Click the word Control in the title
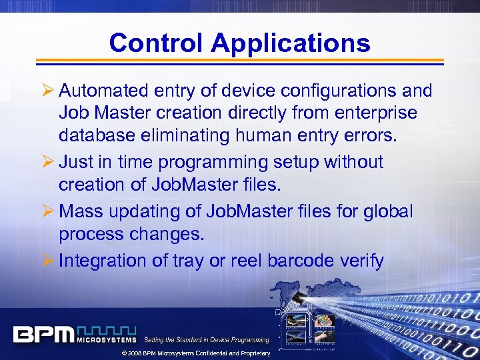tap(157, 43)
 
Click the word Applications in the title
tap(291, 44)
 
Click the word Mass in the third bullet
tap(78, 211)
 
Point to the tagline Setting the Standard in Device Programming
tap(206, 340)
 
